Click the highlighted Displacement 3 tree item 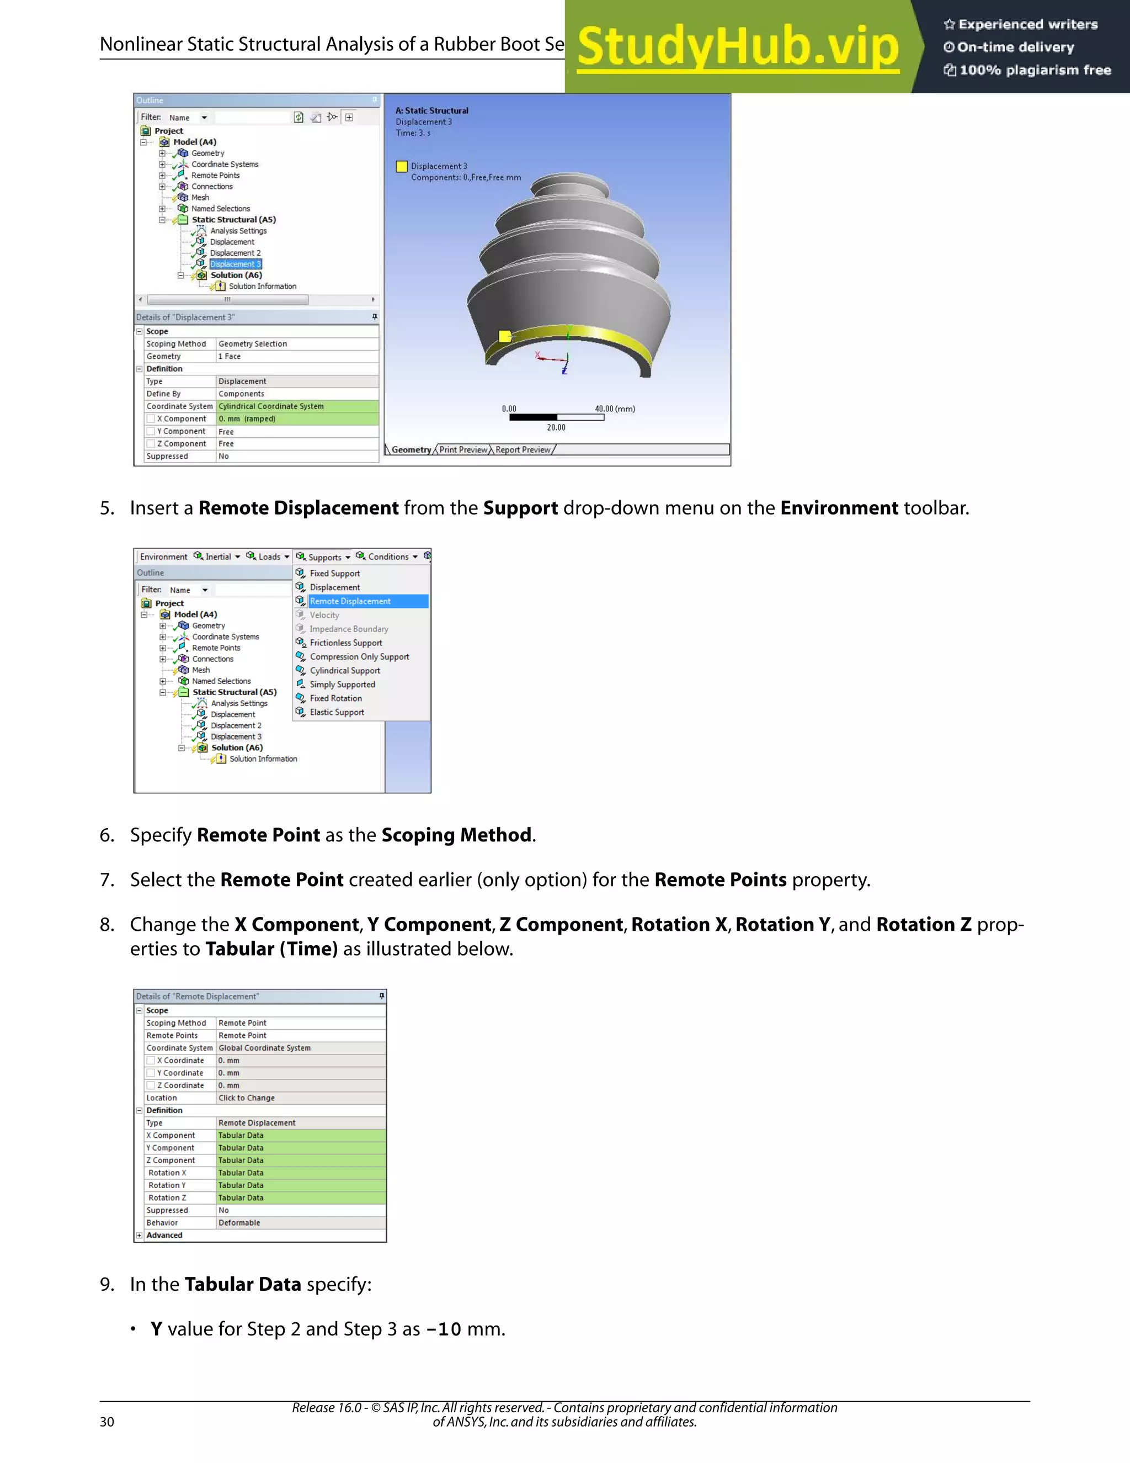coord(235,264)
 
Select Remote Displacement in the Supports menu coord(350,601)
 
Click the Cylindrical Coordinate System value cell coord(271,406)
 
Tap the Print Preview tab coord(463,449)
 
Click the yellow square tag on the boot coord(505,336)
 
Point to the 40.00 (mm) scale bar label coord(615,409)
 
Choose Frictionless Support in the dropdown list coord(345,643)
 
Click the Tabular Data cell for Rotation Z coord(241,1198)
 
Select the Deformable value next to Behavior coord(239,1222)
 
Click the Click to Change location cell coord(246,1098)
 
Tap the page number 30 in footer coord(107,1422)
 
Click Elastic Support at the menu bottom coord(337,712)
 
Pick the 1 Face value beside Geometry coord(230,357)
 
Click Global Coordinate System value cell coord(264,1048)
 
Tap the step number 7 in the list coord(107,879)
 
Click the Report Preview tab coord(523,449)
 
